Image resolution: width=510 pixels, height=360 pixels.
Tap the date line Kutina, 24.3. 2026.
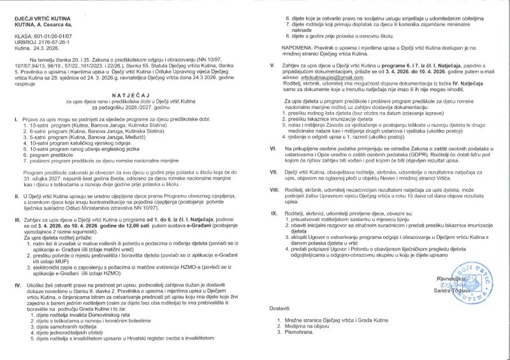(x=38, y=49)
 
